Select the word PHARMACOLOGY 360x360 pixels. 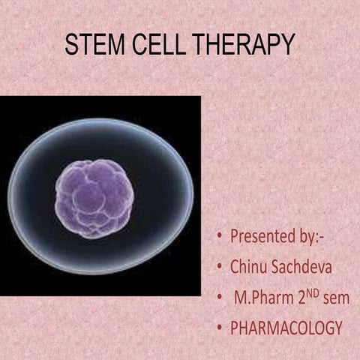coord(287,328)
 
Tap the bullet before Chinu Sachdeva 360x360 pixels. coord(218,267)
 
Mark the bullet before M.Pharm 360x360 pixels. coord(218,298)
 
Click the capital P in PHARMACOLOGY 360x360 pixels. coord(235,328)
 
